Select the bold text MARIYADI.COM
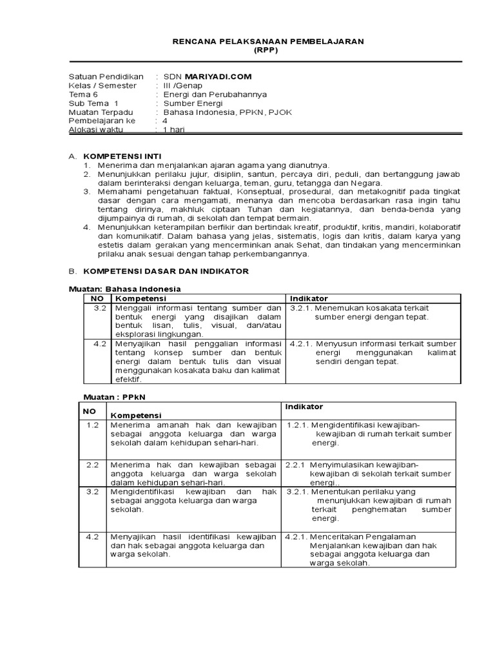coord(216,76)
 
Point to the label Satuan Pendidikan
coord(106,76)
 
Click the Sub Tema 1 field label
coord(93,103)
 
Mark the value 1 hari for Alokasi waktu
coord(174,130)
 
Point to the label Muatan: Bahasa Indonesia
coord(125,289)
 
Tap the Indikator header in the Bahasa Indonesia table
coord(309,298)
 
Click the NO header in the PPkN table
coord(88,411)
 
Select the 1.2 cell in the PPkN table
coord(92,424)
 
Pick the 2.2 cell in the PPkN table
coord(92,464)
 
